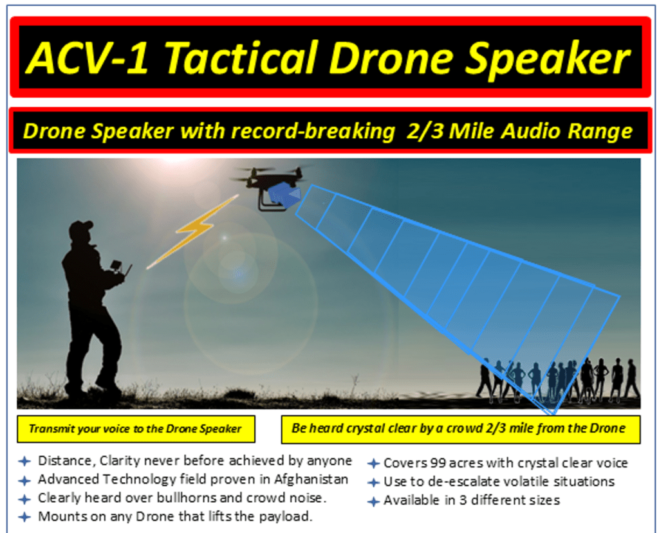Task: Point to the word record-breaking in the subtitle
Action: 313,131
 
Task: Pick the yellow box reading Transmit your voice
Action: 136,429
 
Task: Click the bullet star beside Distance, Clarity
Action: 24,461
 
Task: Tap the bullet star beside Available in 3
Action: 373,501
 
